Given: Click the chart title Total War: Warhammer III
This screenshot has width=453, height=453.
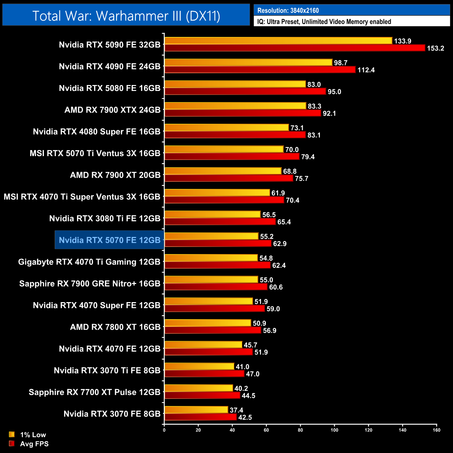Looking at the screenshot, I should tap(126, 16).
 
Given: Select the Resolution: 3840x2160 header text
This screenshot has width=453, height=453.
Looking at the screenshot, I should tap(288, 10).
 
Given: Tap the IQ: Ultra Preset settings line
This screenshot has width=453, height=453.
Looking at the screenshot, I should tap(324, 22).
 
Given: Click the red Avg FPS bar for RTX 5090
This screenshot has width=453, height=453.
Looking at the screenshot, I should tap(294, 48).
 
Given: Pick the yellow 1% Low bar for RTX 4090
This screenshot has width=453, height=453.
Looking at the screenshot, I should tap(248, 63).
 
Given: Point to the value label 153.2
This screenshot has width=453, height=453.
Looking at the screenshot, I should tap(435, 48).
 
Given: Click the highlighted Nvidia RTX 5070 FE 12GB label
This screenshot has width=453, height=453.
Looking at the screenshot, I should tap(109, 240).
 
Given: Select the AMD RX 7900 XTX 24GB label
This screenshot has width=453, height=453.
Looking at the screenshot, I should tap(112, 110).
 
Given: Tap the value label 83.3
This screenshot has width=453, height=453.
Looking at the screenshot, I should tap(314, 106).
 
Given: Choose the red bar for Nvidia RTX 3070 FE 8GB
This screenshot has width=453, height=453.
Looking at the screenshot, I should tap(200, 417).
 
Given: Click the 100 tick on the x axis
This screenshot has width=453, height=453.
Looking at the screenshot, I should tap(334, 430).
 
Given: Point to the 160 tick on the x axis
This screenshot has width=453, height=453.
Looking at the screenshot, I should tap(436, 430).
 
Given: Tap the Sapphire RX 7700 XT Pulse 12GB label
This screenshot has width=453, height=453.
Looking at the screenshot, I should tap(94, 392).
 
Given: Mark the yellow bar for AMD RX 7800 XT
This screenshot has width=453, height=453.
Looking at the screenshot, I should tap(208, 323).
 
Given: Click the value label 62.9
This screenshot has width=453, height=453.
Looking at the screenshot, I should tap(279, 244).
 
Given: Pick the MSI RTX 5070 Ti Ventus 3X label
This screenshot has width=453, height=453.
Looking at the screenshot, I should tap(95, 153).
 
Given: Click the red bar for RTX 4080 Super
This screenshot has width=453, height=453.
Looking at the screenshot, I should tap(235, 135).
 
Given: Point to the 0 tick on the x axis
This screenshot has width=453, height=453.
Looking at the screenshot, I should tap(164, 430).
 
